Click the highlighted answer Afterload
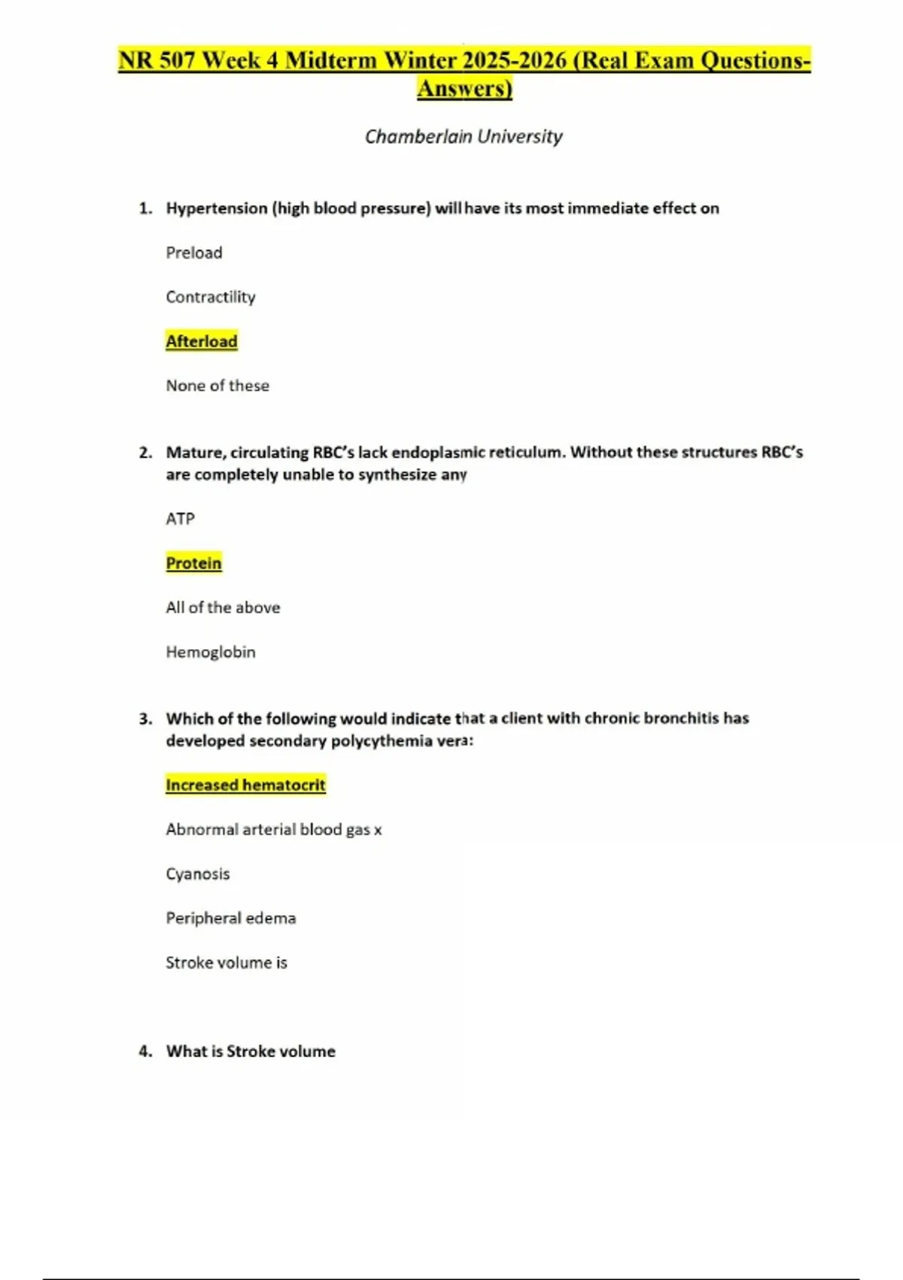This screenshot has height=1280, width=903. [202, 341]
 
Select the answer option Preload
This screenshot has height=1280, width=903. [194, 252]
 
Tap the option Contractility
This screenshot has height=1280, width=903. [211, 297]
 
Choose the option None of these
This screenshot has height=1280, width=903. [217, 386]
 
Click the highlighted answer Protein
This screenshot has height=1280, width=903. [193, 563]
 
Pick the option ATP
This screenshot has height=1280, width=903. [181, 519]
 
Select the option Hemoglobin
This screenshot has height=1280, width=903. [211, 652]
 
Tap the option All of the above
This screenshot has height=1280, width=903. [223, 608]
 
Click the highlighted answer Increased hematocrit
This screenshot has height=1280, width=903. [245, 785]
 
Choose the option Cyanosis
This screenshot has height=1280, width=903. [198, 873]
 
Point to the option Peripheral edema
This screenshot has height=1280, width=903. [231, 918]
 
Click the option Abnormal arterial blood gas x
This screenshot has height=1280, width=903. [274, 829]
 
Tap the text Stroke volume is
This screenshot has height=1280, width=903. [227, 962]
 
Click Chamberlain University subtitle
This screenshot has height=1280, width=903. [464, 136]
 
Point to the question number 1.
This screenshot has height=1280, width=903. [145, 209]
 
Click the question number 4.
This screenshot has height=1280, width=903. [145, 1051]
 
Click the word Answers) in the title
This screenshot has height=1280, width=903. [464, 89]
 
